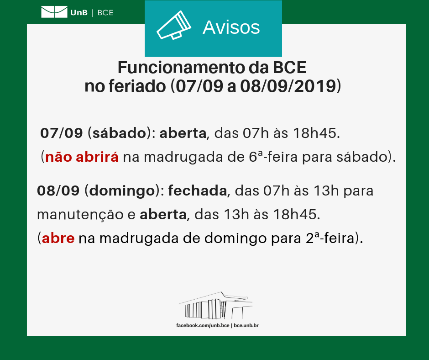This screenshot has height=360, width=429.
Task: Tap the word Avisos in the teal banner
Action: tap(231, 27)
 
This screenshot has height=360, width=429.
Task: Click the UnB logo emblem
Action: tap(54, 12)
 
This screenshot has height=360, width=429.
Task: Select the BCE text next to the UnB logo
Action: tap(105, 13)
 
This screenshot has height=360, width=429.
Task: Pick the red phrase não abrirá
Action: tap(82, 157)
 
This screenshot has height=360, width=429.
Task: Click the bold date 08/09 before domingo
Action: tap(58, 191)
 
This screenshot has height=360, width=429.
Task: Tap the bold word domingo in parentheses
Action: tap(122, 191)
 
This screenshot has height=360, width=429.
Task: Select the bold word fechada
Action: tap(198, 191)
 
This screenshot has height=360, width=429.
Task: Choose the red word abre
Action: tap(58, 238)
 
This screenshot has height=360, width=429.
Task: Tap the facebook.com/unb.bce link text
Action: tap(203, 326)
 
